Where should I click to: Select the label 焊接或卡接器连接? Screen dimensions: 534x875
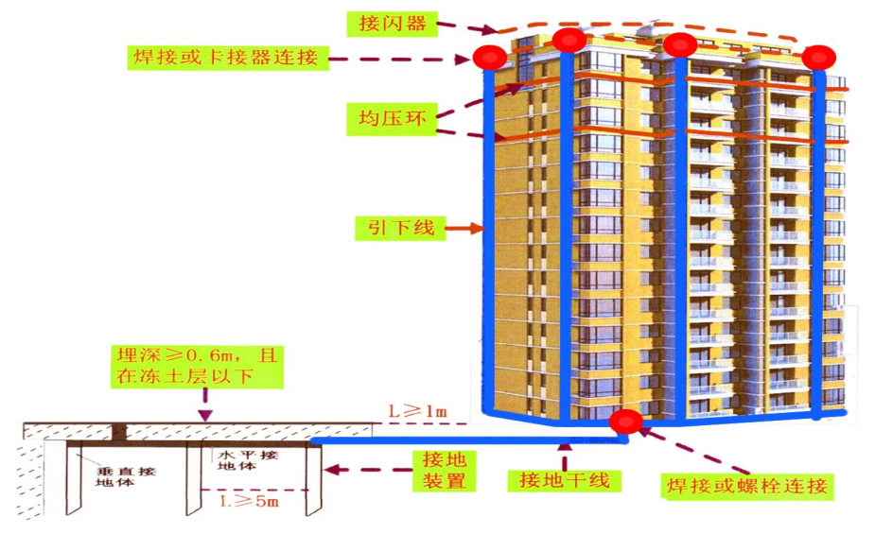[227, 58]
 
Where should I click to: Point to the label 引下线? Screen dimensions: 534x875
[398, 228]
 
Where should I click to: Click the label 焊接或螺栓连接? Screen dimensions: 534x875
[746, 488]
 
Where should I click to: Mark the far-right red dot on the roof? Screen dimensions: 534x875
[817, 58]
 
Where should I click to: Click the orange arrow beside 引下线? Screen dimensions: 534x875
[464, 228]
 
